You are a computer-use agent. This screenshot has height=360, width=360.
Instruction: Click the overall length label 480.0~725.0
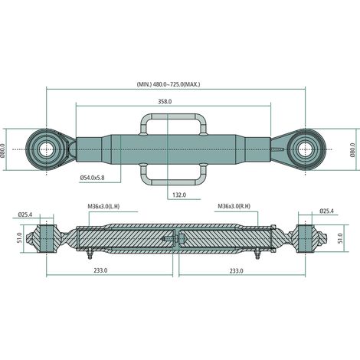[x=169, y=84]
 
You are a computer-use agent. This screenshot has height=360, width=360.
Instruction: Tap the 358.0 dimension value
[x=165, y=101]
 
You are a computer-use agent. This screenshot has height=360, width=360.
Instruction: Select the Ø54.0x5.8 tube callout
[x=92, y=178]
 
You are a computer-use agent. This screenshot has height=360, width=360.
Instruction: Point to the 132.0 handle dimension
[x=179, y=195]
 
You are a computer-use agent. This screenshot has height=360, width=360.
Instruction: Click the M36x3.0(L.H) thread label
[x=103, y=206]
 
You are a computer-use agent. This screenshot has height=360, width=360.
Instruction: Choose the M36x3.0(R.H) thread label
[x=234, y=206]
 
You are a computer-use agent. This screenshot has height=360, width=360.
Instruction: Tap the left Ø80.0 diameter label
[x=3, y=150]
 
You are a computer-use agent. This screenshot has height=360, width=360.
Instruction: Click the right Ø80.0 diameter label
[x=352, y=150]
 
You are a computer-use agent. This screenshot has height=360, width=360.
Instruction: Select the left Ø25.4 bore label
[x=25, y=214]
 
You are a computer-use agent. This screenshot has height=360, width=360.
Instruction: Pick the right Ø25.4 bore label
[x=326, y=211]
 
